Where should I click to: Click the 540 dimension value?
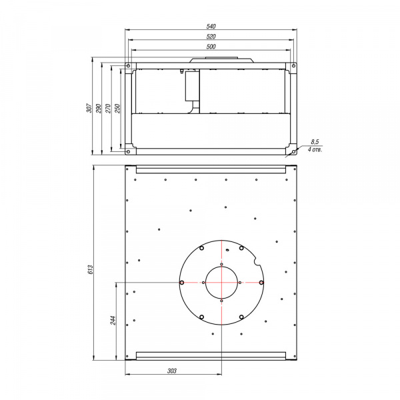click(x=211, y=26)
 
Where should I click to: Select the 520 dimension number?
click(x=211, y=37)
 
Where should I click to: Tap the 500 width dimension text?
click(x=211, y=47)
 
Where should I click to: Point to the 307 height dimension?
click(x=89, y=108)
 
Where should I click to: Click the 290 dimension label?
click(x=99, y=109)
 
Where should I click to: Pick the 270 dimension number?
click(x=108, y=109)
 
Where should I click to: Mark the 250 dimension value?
click(x=117, y=109)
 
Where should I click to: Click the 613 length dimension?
click(x=91, y=269)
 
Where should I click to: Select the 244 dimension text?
click(x=113, y=321)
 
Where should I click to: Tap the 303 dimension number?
click(x=172, y=371)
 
